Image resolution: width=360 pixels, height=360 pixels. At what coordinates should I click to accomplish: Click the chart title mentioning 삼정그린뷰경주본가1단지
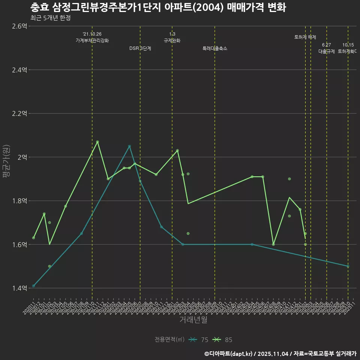[158, 7]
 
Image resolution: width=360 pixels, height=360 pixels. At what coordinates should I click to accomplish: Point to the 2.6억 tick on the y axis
[19, 26]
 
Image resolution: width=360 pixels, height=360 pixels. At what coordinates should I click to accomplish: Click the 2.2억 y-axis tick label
[19, 114]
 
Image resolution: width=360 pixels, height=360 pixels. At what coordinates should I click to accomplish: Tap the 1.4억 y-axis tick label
[19, 288]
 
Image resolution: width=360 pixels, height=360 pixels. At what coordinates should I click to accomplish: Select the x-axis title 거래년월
[193, 320]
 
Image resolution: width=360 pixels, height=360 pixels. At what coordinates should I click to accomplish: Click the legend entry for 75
[199, 340]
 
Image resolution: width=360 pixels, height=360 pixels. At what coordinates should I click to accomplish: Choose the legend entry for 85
[223, 340]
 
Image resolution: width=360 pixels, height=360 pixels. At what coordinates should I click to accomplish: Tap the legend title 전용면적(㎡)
[169, 340]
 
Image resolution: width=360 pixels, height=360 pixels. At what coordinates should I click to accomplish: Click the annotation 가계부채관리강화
[92, 40]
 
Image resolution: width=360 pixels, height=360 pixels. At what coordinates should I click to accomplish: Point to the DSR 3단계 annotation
[140, 48]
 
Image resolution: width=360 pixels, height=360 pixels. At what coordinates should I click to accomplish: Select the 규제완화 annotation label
[172, 40]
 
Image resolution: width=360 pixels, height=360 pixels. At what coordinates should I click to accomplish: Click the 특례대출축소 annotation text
[215, 48]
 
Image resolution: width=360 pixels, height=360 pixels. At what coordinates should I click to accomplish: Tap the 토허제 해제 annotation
[305, 37]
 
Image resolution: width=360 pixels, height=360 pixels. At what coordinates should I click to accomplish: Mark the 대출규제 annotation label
[327, 51]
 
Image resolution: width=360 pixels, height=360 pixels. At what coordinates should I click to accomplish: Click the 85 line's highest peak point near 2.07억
[97, 142]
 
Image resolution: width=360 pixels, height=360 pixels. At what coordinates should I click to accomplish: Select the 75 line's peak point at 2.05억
[129, 146]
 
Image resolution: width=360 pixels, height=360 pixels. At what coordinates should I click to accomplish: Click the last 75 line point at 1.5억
[348, 266]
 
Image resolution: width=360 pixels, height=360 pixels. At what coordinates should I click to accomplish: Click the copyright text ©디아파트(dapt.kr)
[229, 354]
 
